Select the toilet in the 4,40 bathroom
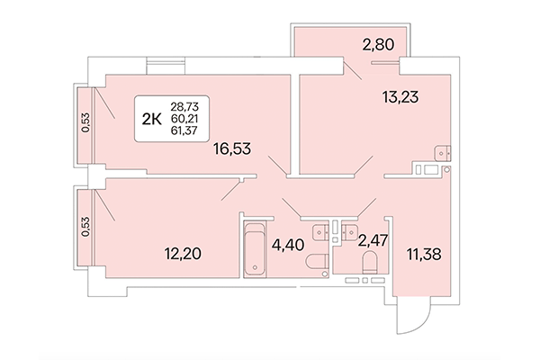tap(315, 263)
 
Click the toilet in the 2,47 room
tap(368, 265)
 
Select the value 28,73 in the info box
tap(183, 106)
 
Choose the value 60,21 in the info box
tap(183, 118)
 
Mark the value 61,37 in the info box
tap(183, 130)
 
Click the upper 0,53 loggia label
tap(86, 124)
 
